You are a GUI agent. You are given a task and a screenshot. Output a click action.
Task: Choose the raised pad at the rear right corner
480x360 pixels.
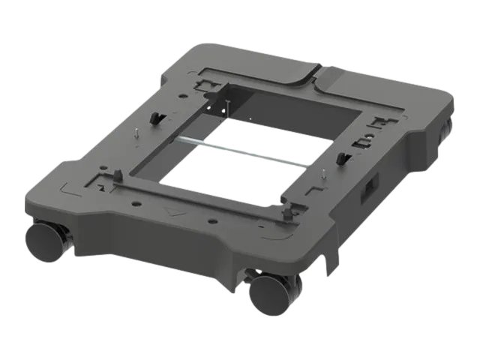[x=375, y=86]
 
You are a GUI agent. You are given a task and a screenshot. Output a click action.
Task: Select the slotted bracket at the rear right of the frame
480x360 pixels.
[x=367, y=139]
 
